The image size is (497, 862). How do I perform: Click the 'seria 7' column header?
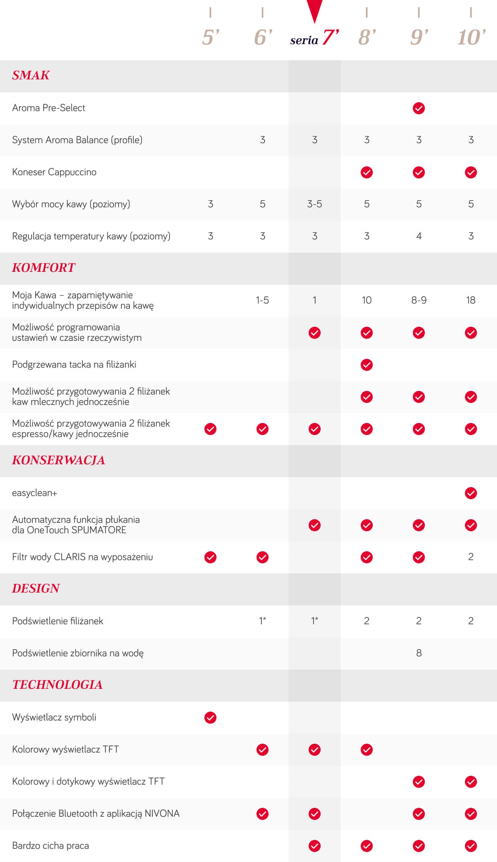(315, 38)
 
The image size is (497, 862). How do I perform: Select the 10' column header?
(471, 38)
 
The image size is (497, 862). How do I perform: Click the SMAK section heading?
(31, 75)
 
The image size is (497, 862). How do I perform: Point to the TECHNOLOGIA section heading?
(57, 685)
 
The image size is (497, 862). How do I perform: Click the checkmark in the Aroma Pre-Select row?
(419, 108)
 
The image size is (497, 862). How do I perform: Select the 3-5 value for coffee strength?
(315, 204)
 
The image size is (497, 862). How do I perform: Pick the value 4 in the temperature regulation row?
(419, 236)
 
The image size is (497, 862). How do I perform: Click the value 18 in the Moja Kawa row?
(471, 300)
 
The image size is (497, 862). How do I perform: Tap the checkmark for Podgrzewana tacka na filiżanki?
(367, 365)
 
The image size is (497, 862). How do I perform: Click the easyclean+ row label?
(35, 493)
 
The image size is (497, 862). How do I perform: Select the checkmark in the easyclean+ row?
(471, 493)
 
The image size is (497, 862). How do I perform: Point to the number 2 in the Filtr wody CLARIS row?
(471, 557)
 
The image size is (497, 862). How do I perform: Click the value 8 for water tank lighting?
(419, 653)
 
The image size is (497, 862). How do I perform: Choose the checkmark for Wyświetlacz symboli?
(210, 718)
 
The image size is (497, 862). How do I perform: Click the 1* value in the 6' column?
(263, 621)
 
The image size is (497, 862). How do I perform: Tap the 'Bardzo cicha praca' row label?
(51, 846)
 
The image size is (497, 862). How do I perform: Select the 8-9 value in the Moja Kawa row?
(419, 300)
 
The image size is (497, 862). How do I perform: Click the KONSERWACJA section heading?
(59, 460)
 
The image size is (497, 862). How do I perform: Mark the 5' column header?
(211, 38)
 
